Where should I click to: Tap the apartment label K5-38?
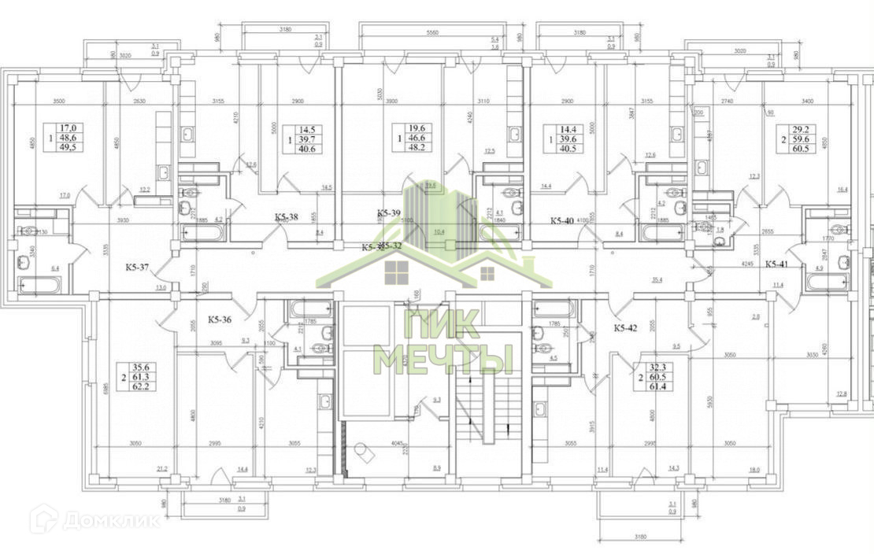pos(286,216)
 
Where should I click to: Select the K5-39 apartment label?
pos(390,213)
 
